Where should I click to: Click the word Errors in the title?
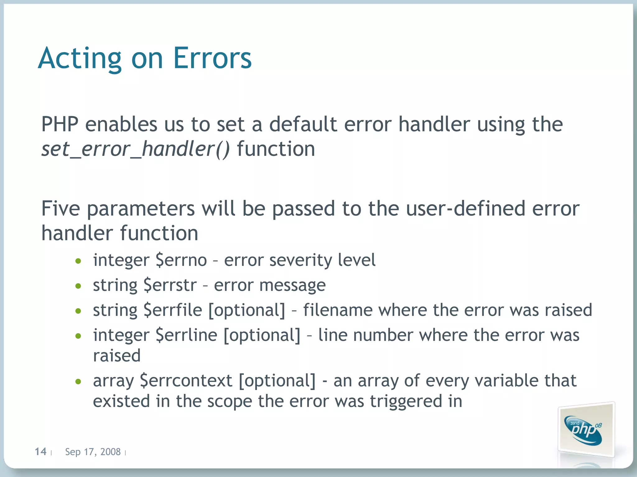point(212,58)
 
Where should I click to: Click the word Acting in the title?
point(80,58)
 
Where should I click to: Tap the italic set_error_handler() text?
point(136,149)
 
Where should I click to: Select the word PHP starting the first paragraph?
point(60,124)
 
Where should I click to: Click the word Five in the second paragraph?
point(60,208)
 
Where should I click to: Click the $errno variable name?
point(181,260)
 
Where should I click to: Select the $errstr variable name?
point(170,285)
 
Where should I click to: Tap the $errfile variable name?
point(173,310)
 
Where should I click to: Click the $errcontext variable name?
point(186,381)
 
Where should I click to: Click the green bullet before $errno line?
point(78,261)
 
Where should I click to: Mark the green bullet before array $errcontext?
point(78,382)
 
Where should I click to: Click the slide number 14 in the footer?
point(40,452)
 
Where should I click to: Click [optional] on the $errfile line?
point(247,310)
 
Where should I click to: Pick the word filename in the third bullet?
point(337,310)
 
